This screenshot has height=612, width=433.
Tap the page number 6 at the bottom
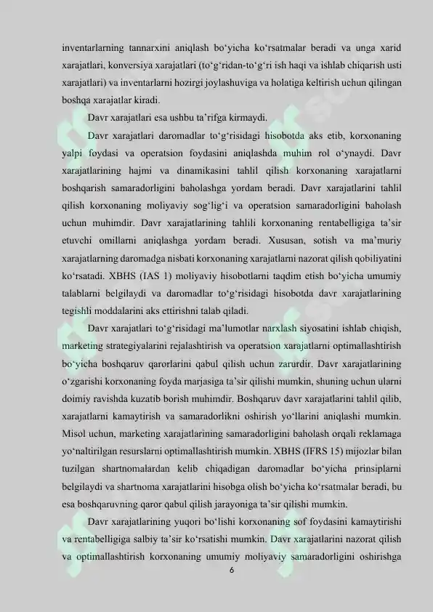pyautogui.click(x=231, y=571)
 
